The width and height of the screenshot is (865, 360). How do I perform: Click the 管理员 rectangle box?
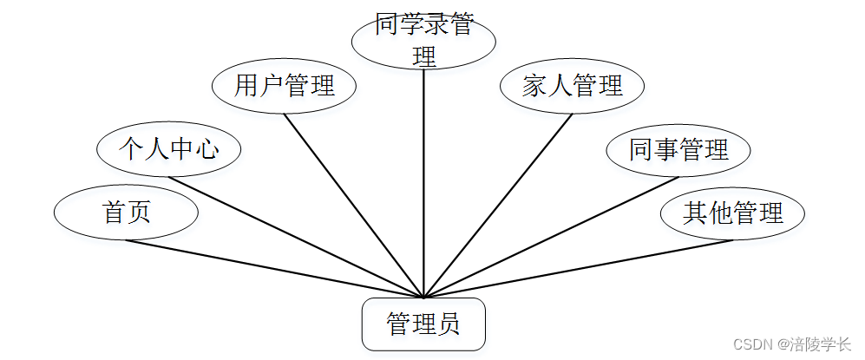coord(423,324)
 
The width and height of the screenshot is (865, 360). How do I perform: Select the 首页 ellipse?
coord(126,212)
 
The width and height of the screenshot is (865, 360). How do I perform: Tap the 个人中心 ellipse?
coord(168,149)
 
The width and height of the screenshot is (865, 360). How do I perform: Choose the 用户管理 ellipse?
coord(284,86)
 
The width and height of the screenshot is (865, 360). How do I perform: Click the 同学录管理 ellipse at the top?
coord(423,40)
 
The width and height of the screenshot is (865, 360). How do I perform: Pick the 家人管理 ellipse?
coord(573,86)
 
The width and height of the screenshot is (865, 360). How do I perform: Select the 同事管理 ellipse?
coord(678,149)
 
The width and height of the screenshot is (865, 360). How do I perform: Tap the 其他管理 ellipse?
coord(732,213)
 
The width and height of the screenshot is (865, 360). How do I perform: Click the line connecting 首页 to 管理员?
coord(274,269)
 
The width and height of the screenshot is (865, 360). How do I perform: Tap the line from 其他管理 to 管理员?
coord(578,269)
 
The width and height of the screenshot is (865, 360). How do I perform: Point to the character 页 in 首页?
coord(139,212)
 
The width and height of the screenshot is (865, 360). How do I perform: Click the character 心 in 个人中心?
coord(206,149)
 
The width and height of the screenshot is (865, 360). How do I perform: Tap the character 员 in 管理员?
coord(448,324)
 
